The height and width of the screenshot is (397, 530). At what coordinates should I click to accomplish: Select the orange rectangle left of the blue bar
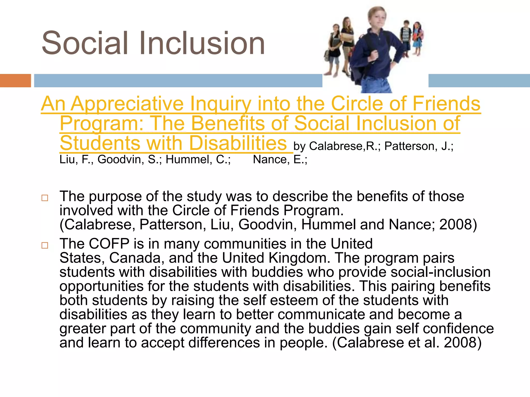15,81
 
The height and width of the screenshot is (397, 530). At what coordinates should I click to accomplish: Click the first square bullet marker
45,198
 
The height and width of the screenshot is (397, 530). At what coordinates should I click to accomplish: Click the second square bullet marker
45,245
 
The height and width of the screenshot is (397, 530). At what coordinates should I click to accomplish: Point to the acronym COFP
109,244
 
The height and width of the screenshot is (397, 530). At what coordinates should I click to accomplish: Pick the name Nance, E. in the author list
280,160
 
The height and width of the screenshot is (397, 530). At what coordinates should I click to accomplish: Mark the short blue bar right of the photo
479,81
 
